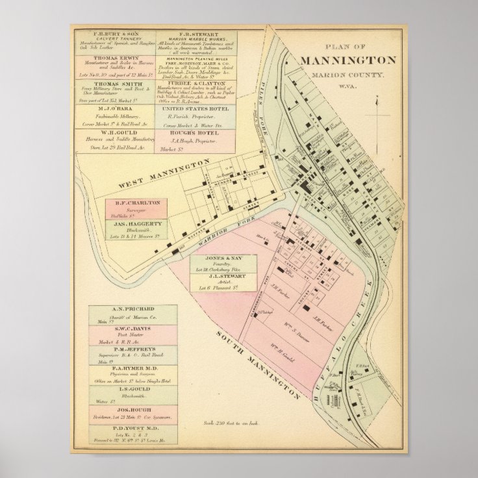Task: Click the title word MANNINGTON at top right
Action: point(348,60)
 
